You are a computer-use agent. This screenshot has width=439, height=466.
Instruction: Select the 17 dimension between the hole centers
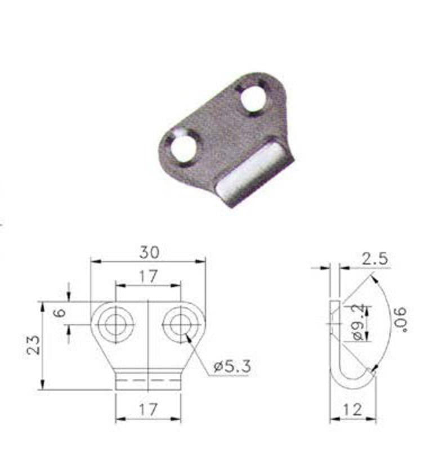point(148,276)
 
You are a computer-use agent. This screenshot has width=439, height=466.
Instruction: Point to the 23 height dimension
point(33,345)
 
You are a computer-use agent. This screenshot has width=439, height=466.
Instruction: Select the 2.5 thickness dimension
point(374,259)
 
